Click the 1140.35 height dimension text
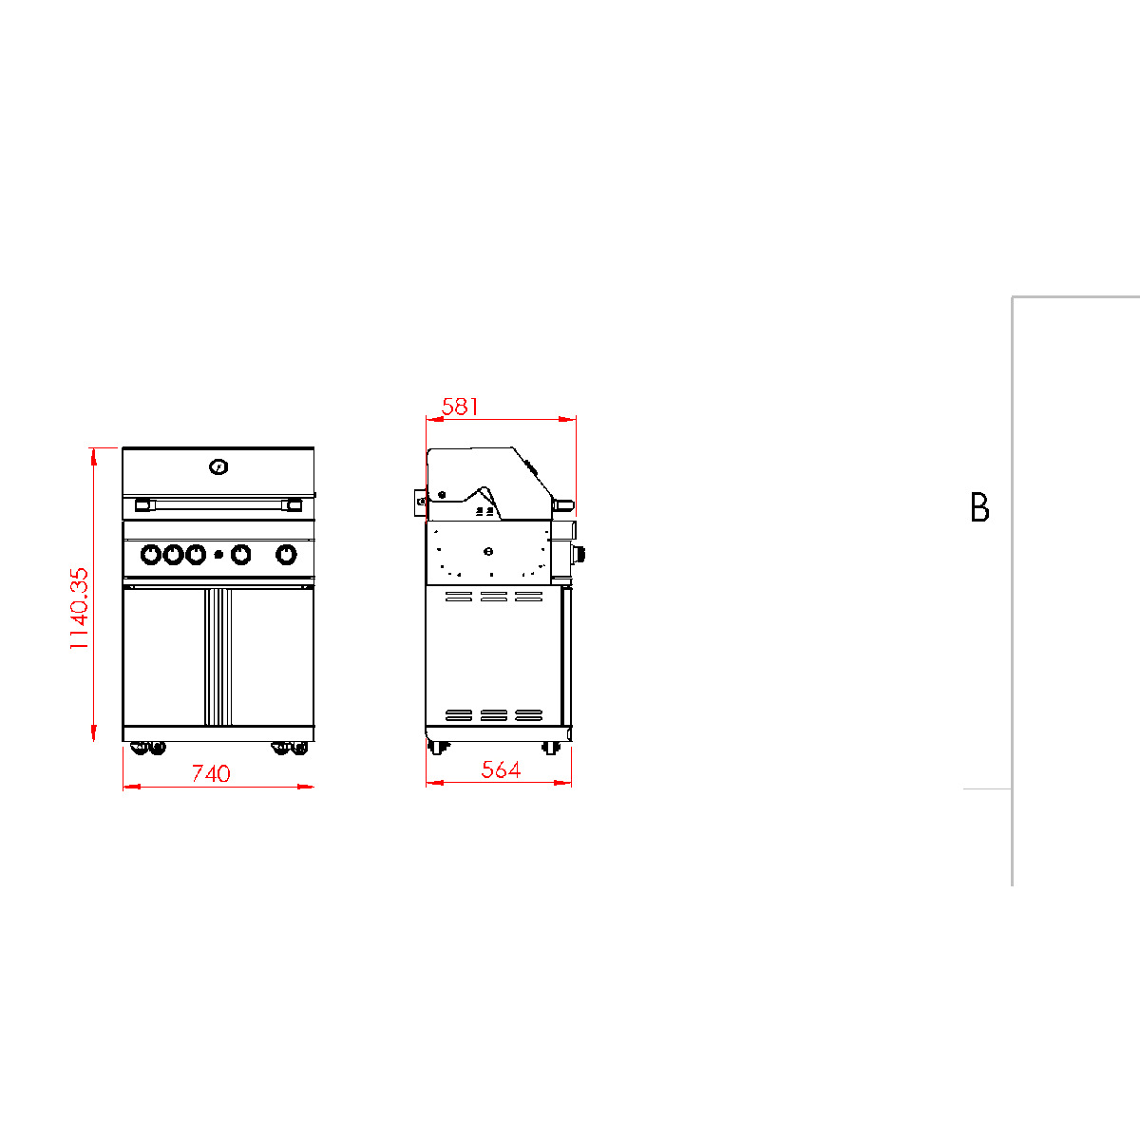tap(79, 608)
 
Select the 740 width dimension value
tap(211, 773)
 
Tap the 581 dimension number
tap(460, 407)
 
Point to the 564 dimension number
tap(501, 769)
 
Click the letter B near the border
tap(979, 507)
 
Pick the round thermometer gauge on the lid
tap(218, 467)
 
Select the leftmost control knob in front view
tap(151, 554)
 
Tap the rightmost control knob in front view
tap(286, 554)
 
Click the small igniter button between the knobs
tap(218, 555)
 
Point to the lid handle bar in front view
tap(218, 504)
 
